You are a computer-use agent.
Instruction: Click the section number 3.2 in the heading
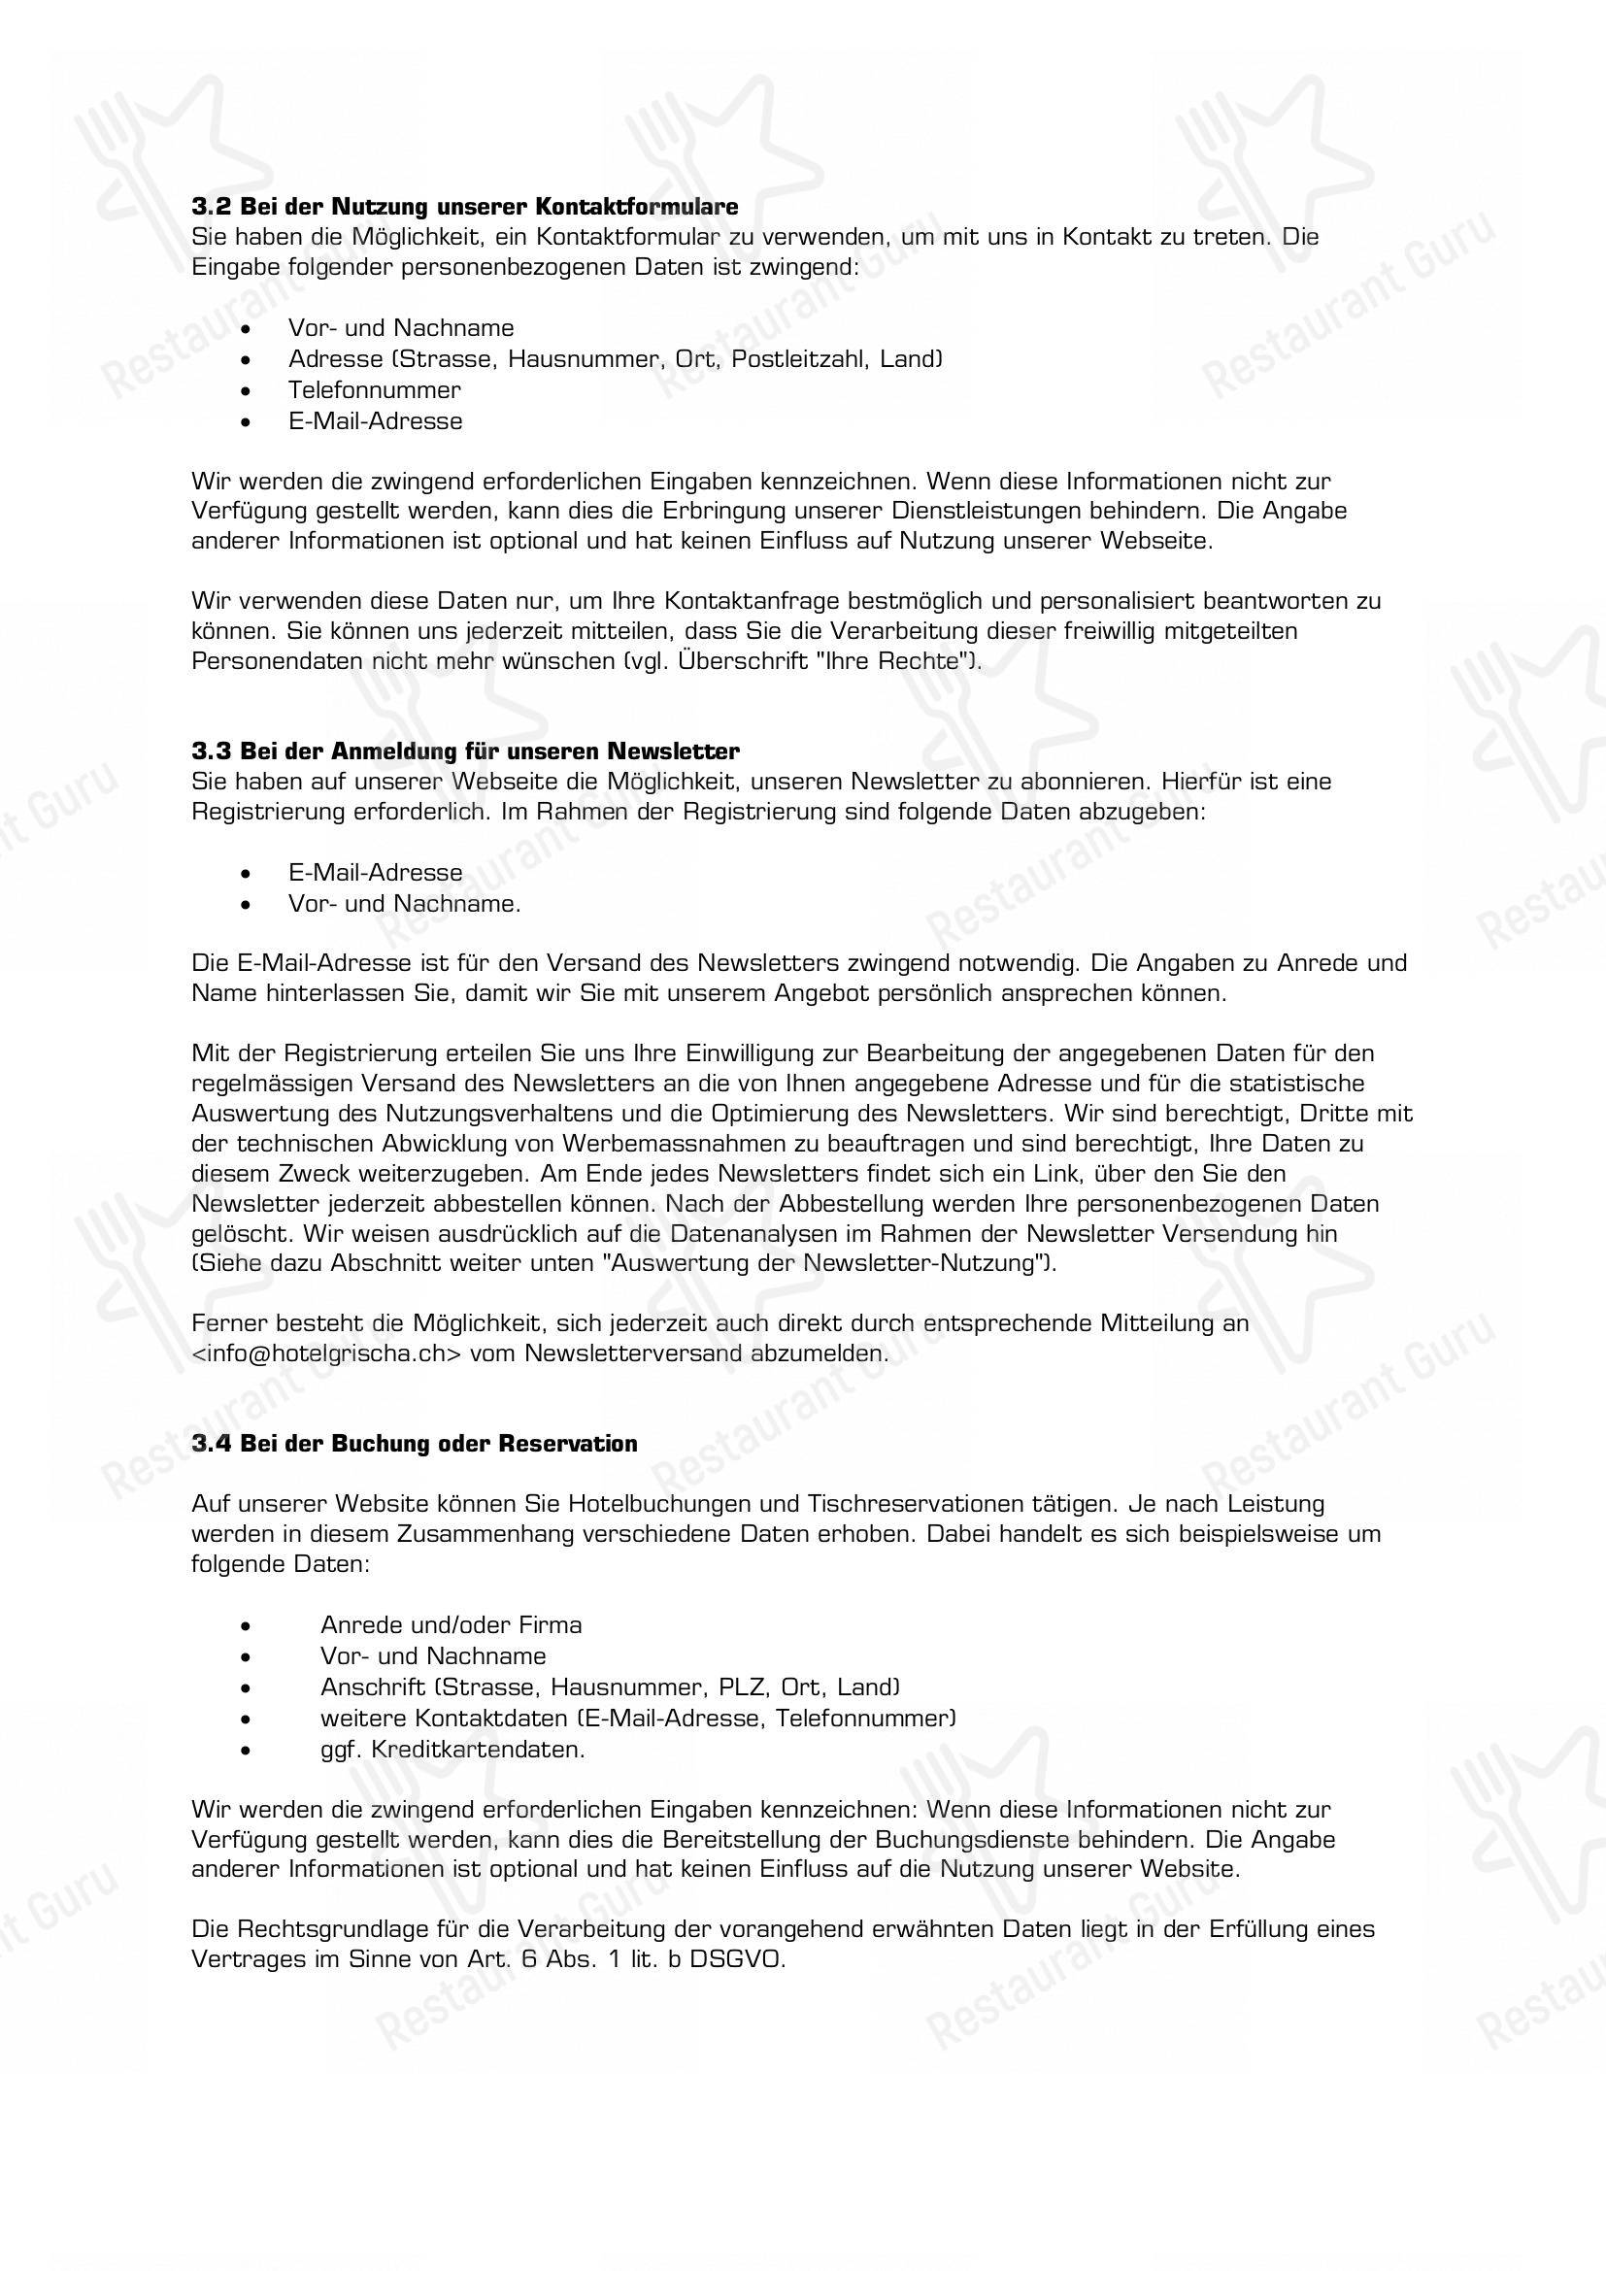(211, 207)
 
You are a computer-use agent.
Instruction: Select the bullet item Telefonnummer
(374, 389)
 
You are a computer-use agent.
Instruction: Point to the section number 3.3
(211, 751)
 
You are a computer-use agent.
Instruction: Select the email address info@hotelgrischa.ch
(327, 1353)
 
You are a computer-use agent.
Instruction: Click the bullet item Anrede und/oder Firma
(451, 1624)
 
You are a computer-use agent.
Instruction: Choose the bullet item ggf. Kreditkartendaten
(452, 1749)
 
